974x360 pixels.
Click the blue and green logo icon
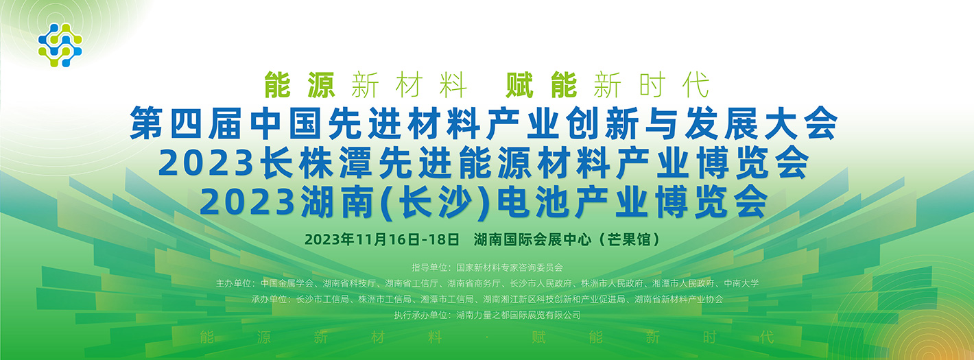click(x=60, y=45)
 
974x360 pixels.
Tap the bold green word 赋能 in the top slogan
click(x=541, y=85)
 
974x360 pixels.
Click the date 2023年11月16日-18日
click(x=382, y=239)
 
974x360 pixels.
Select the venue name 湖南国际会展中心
click(x=533, y=239)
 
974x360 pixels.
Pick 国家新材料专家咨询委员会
click(x=510, y=267)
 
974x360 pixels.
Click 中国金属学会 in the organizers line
click(x=287, y=283)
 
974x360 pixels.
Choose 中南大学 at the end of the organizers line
click(x=741, y=283)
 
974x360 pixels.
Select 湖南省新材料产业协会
click(x=679, y=299)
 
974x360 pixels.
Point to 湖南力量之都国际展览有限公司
click(x=519, y=315)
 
